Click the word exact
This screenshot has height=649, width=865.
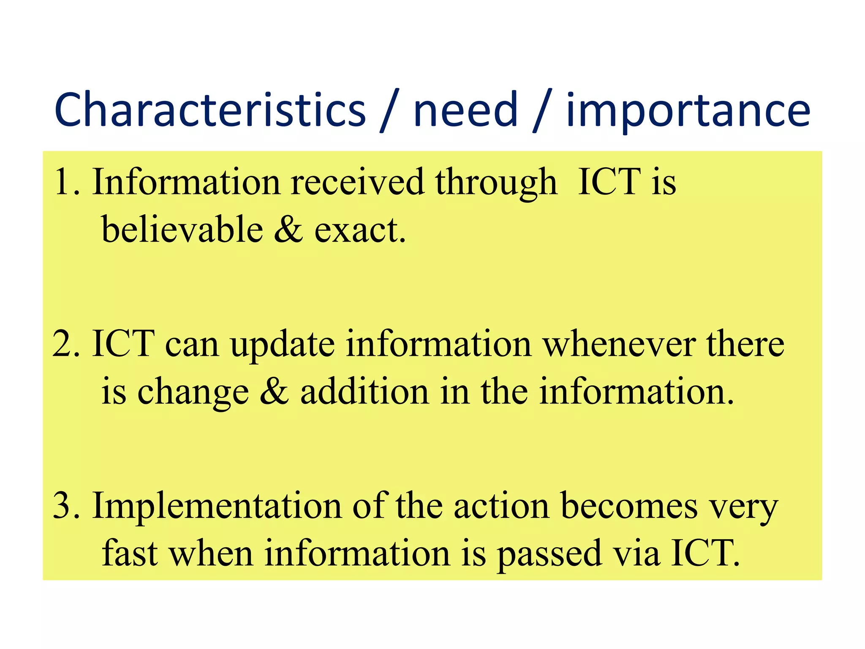click(359, 230)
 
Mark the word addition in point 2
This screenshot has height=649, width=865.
click(364, 391)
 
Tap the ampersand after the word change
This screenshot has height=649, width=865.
click(275, 391)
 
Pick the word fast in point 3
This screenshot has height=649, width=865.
click(130, 553)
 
